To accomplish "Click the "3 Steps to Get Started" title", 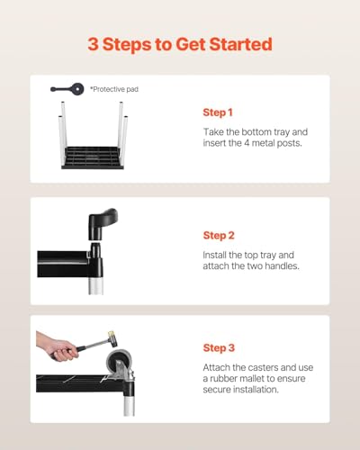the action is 180,44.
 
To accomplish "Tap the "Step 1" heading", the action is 218,112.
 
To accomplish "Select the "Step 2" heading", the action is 219,236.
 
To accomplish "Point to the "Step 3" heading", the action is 219,348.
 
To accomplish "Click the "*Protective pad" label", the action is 114,89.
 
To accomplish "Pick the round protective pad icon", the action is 76,89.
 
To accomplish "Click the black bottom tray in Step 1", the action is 93,157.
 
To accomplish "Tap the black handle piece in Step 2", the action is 102,223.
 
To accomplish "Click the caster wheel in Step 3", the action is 115,364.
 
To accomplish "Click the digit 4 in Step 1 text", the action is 247,143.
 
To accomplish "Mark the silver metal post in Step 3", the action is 129,403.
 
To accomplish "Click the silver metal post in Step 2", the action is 96,285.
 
